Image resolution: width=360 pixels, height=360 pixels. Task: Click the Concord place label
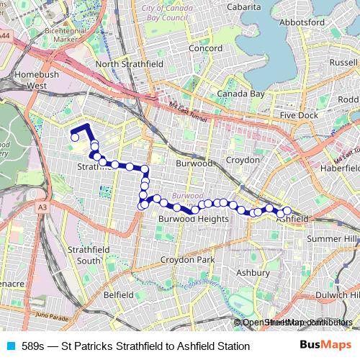tap(205, 48)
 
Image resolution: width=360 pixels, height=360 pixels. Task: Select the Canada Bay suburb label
tap(241, 94)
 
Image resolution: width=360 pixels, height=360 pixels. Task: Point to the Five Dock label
tap(298, 115)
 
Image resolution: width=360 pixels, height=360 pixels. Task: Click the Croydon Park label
tap(188, 259)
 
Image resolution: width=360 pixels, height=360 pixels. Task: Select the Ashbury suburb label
tap(253, 273)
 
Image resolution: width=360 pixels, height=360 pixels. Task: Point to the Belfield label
tap(119, 294)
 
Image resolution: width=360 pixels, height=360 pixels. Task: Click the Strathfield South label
tap(89, 255)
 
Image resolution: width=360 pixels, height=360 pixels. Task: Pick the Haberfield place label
tap(341, 167)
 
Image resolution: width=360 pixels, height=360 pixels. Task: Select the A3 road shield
tap(42, 207)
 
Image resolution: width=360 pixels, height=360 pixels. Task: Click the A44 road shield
tap(5, 35)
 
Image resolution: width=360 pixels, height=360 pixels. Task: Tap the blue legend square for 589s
tap(9, 346)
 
